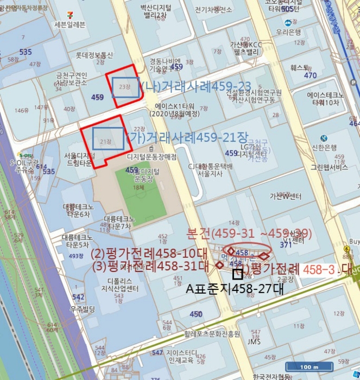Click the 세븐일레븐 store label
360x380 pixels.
pyautogui.click(x=70, y=24)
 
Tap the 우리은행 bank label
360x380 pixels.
pyautogui.click(x=288, y=33)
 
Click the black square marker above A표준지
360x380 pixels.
pyautogui.click(x=238, y=274)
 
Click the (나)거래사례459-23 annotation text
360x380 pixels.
pyautogui.click(x=195, y=86)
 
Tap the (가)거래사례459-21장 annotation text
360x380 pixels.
pyautogui.click(x=182, y=137)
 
